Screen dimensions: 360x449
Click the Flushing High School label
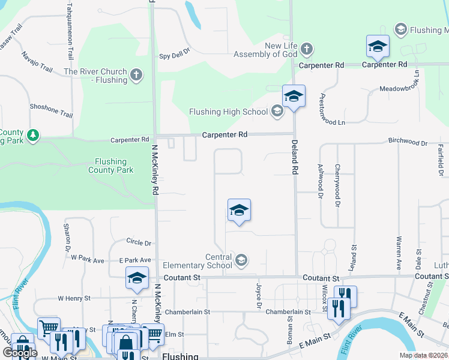[x=228, y=112]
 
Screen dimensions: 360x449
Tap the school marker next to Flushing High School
[x=294, y=97]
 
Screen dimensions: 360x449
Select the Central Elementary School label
[x=197, y=261]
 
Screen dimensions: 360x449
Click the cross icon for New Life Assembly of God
[x=306, y=49]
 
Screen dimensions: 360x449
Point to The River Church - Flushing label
[x=95, y=76]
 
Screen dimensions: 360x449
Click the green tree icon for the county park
[x=34, y=135]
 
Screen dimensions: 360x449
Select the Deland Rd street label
[x=295, y=157]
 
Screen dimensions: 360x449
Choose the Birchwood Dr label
[x=408, y=143]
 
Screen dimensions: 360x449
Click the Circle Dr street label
[x=139, y=242]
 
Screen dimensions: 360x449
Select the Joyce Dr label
[x=260, y=296]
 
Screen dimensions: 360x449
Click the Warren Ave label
[x=398, y=253]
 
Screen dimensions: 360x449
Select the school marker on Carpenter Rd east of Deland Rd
[x=378, y=46]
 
